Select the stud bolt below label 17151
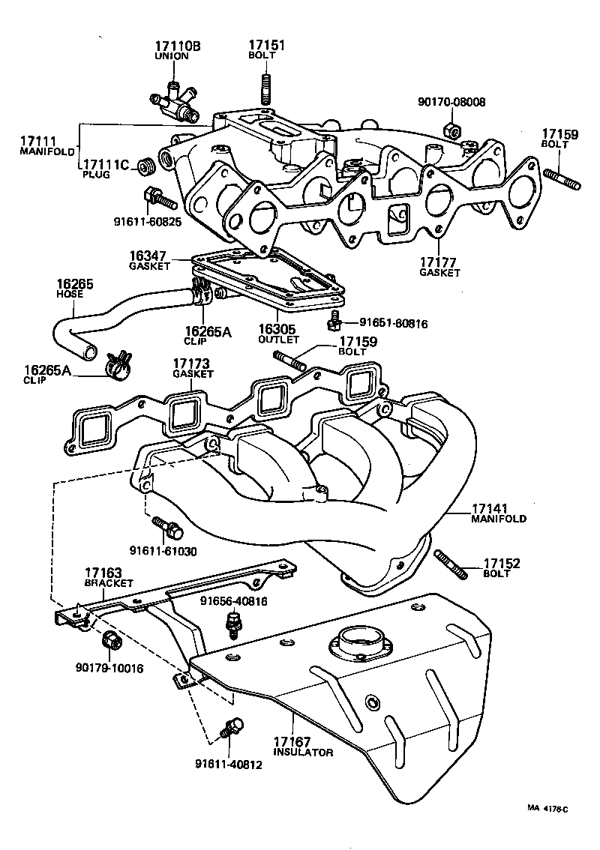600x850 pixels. (265, 87)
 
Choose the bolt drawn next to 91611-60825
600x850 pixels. (158, 197)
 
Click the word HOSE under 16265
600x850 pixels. (70, 295)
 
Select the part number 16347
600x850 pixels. (145, 256)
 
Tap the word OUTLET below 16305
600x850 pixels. (279, 339)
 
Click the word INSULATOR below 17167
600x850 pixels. (303, 752)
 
